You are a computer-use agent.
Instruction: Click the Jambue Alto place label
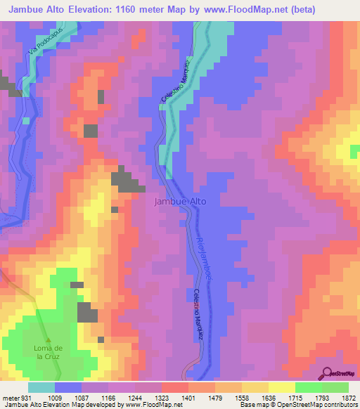pyautogui.click(x=180, y=201)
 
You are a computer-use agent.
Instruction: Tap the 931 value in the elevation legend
pyautogui.click(x=25, y=397)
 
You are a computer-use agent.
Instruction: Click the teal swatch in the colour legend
pyautogui.click(x=41, y=387)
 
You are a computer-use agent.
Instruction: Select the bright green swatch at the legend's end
pyautogui.click(x=335, y=387)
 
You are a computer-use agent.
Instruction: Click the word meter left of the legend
pyautogui.click(x=10, y=397)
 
